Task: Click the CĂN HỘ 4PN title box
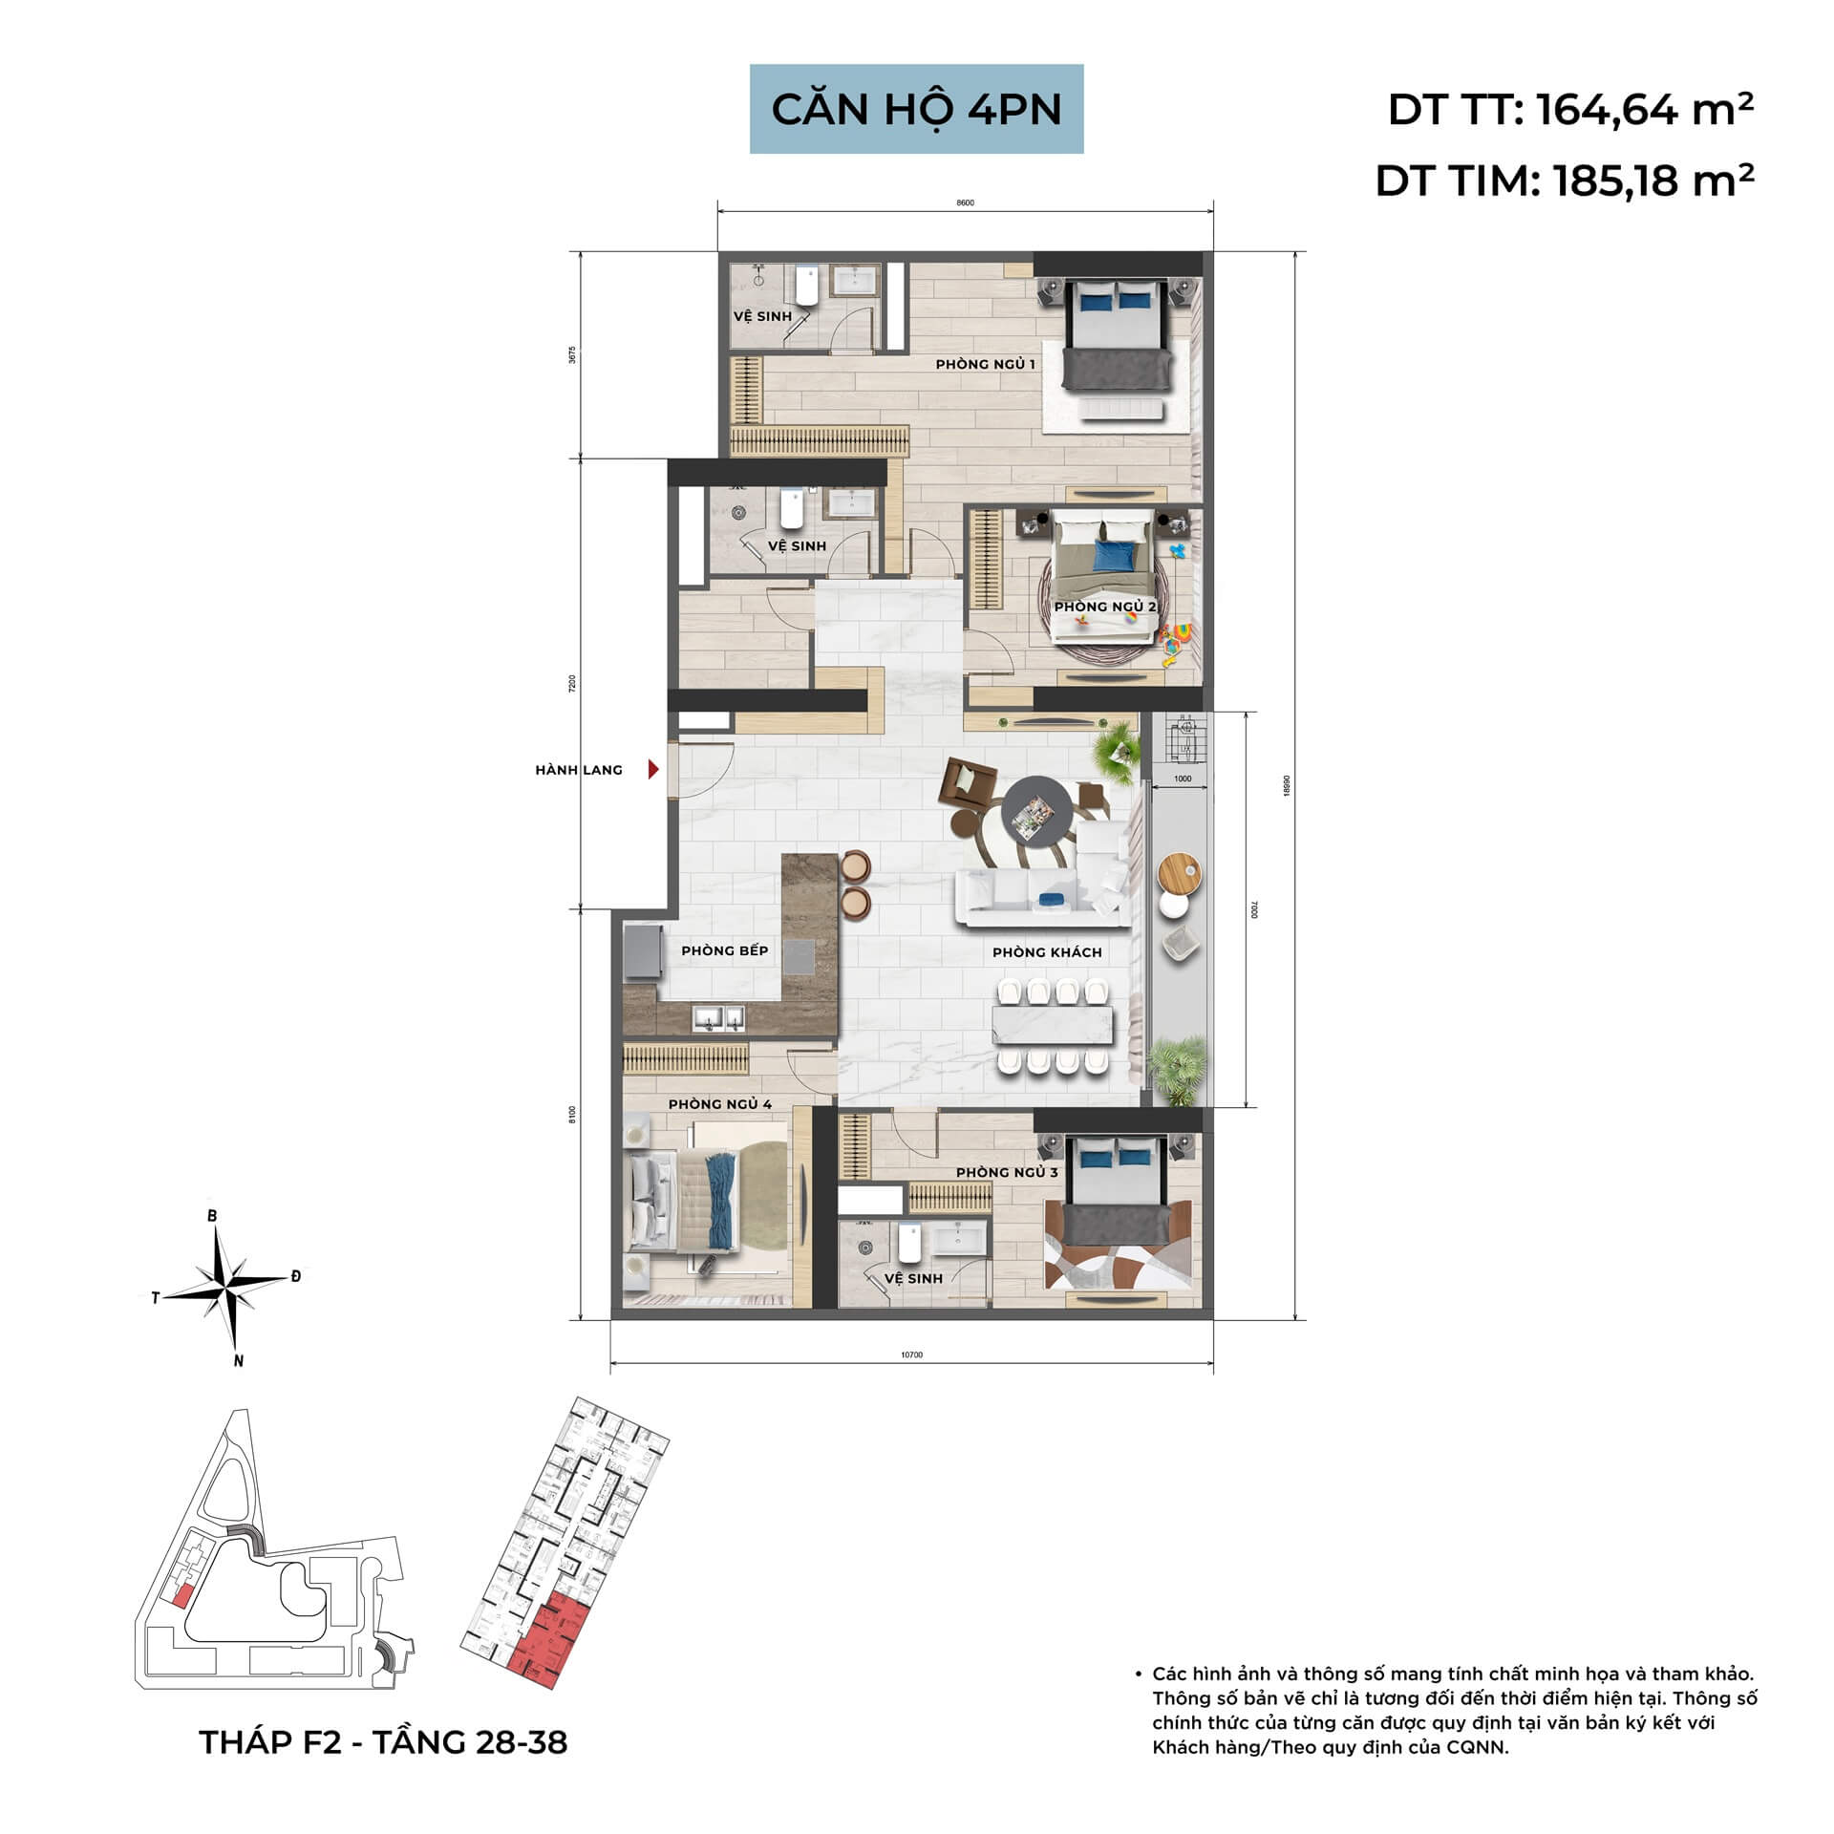tap(916, 109)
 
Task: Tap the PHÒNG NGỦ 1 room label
tap(985, 364)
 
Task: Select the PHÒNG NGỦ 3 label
tap(1007, 1172)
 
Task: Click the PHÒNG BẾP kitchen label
tap(724, 950)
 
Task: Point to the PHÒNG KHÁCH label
tap(1047, 952)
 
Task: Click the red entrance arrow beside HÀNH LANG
tap(653, 769)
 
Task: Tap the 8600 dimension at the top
tap(965, 203)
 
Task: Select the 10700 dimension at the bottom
tap(911, 1354)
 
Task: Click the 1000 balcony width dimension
tap(1182, 778)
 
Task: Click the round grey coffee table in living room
tap(1035, 818)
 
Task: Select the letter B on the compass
tap(212, 1216)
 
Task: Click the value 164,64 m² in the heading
tap(1645, 111)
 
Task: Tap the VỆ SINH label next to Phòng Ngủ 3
tap(912, 1278)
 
